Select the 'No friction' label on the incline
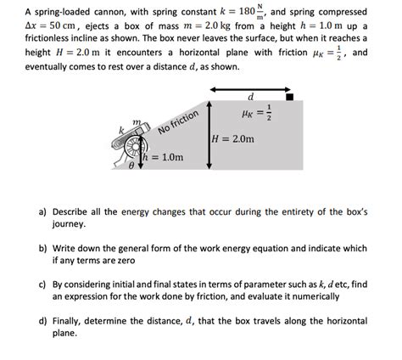pos(178,123)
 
